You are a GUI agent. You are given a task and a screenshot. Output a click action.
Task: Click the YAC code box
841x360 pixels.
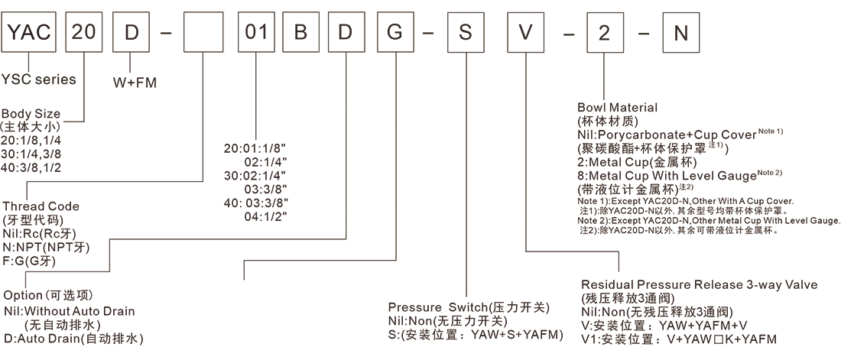coord(30,34)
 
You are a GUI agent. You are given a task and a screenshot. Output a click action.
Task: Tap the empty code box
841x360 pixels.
coord(204,34)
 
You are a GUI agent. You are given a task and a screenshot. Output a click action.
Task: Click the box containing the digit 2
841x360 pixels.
coord(604,34)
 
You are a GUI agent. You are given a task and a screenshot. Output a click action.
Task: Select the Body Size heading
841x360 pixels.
coord(31,114)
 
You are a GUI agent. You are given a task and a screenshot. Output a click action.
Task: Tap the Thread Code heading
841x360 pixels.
coord(41,206)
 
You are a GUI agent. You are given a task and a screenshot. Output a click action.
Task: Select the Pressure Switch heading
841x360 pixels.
coord(469,307)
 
